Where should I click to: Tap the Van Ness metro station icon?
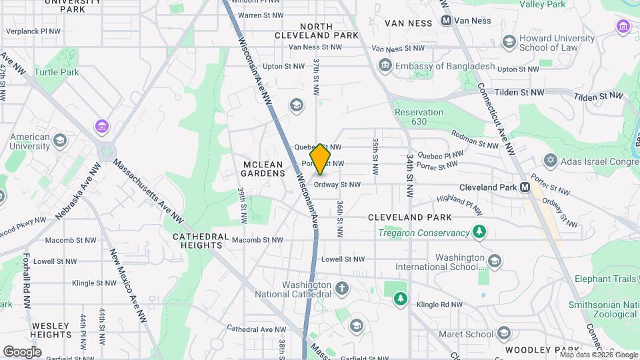(447, 21)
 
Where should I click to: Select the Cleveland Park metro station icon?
(525, 187)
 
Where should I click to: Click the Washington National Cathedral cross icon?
(341, 289)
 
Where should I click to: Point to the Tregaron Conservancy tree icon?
(479, 233)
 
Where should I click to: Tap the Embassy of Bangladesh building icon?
(385, 66)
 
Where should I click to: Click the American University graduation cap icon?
(60, 140)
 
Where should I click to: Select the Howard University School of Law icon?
(508, 43)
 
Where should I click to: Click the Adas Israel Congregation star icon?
(550, 161)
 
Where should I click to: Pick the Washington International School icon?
(494, 261)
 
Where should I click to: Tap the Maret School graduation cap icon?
(504, 333)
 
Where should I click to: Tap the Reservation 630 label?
(419, 117)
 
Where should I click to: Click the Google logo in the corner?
(22, 351)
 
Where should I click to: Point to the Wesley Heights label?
(51, 330)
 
